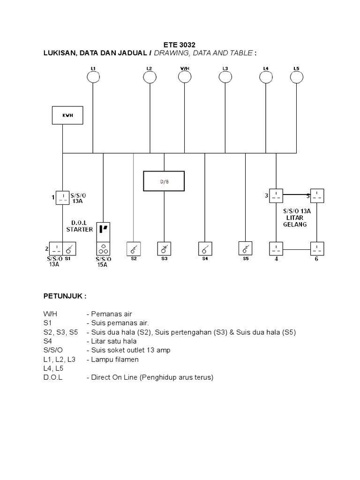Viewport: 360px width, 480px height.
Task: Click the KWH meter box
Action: click(67, 115)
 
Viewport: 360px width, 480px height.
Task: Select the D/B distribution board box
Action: click(164, 181)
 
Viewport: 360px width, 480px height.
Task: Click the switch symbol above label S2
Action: click(134, 247)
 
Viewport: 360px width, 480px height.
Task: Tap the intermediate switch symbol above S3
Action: click(164, 247)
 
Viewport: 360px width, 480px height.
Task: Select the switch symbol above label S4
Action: click(205, 247)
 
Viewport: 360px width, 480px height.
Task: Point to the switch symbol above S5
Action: click(246, 247)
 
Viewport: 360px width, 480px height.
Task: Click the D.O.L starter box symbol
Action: click(103, 229)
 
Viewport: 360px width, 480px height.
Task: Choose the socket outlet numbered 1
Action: click(62, 197)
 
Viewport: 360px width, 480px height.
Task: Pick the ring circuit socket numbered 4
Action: click(276, 248)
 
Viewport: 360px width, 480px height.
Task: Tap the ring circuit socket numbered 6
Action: click(317, 248)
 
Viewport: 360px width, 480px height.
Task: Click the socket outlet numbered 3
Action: click(276, 195)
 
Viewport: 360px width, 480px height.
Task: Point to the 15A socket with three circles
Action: click(103, 248)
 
